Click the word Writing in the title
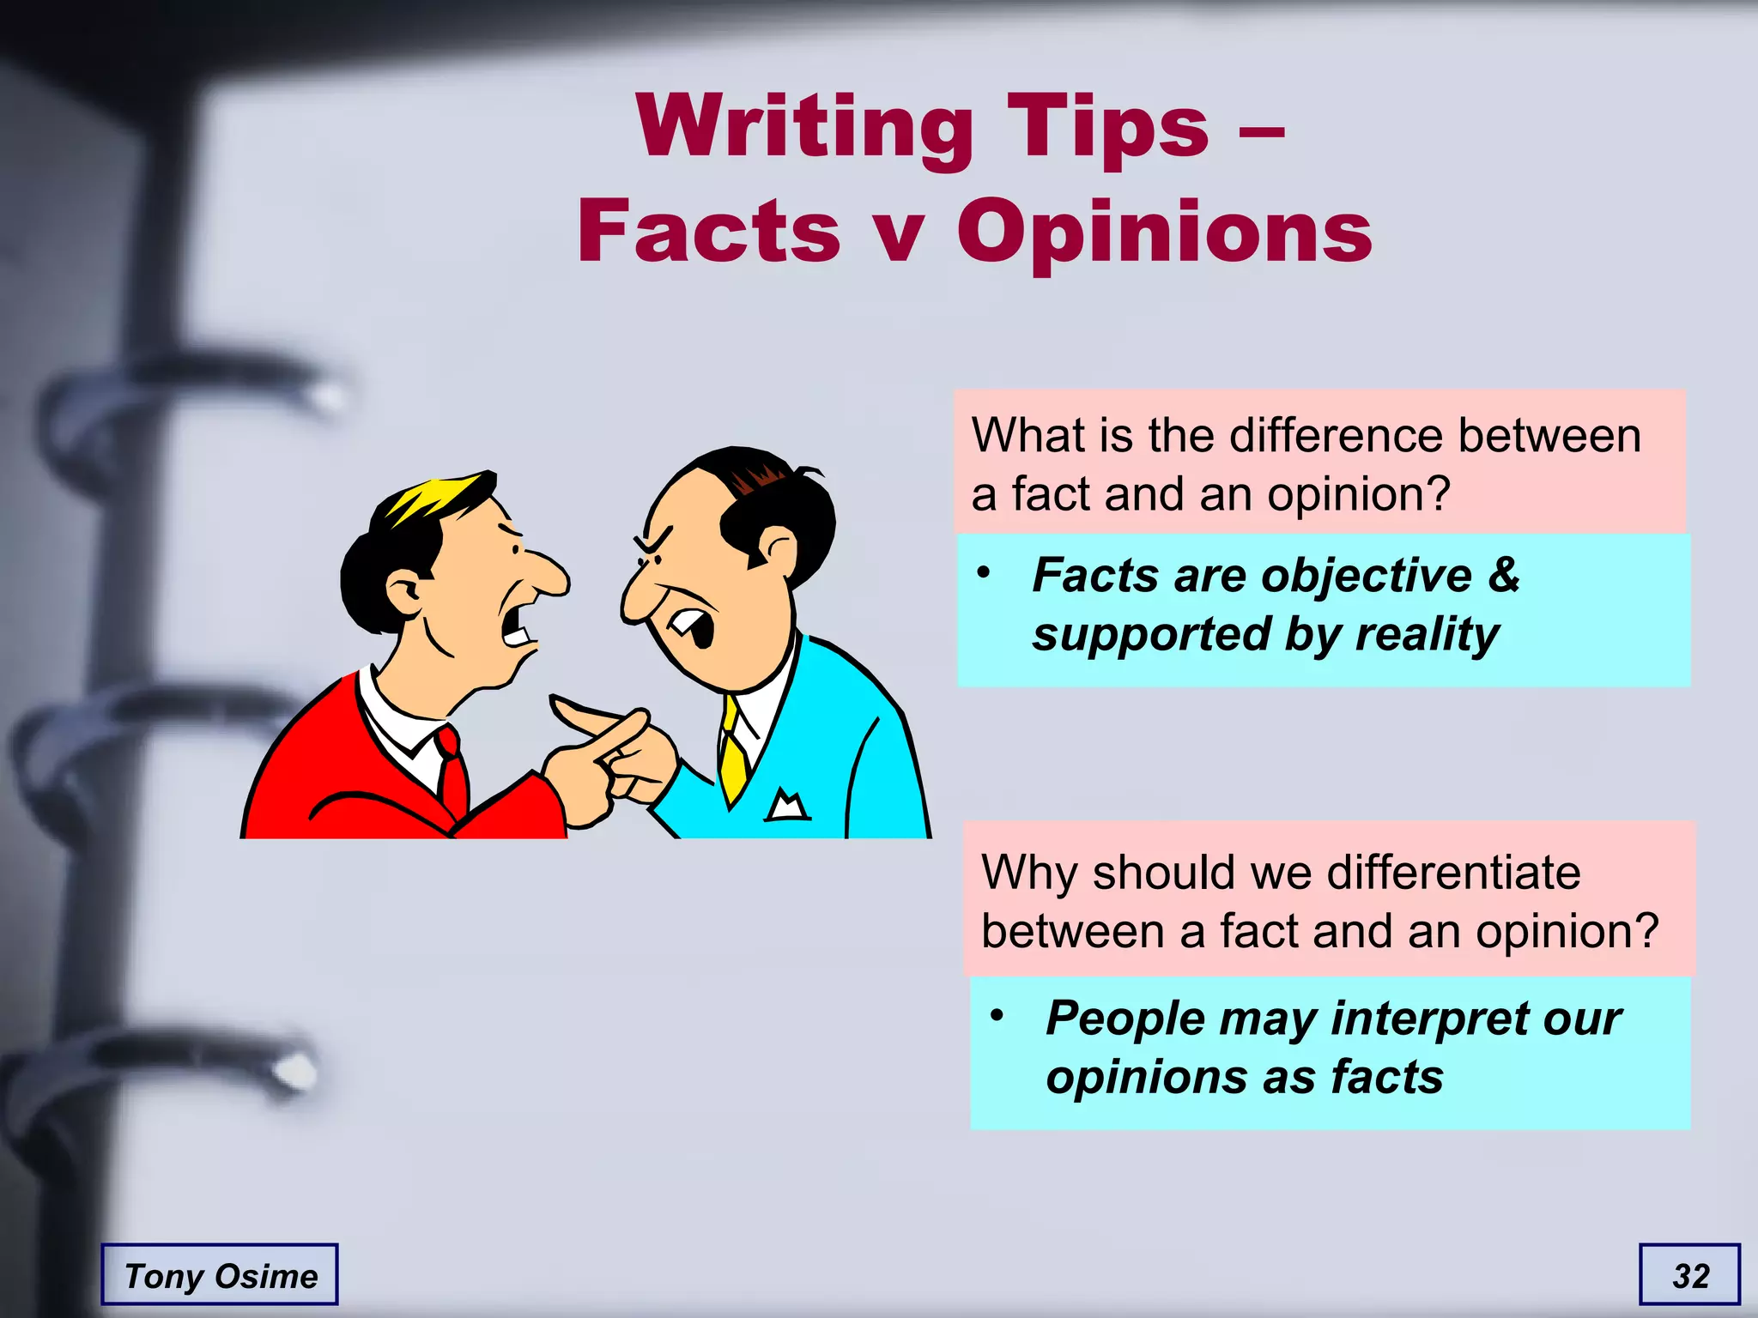804,127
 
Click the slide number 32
1690,1276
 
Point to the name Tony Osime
221,1276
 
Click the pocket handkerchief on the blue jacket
787,805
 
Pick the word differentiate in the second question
1453,873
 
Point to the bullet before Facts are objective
984,572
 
